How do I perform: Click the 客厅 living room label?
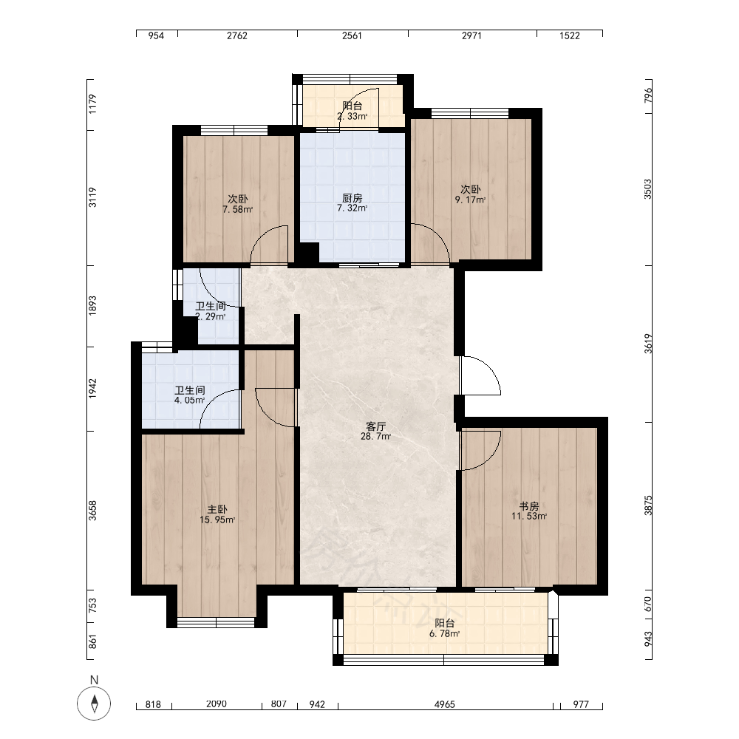point(375,426)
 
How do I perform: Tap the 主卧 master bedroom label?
point(217,509)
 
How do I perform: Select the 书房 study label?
point(529,506)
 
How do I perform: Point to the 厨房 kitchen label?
point(352,198)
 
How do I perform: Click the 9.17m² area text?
point(470,200)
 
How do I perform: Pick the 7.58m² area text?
point(237,209)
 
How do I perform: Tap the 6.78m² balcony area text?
point(444,634)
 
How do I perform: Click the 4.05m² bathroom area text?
point(189,401)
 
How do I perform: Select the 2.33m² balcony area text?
point(352,117)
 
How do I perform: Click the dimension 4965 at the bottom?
point(444,704)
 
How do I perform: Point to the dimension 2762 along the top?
point(237,35)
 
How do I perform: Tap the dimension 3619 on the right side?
point(649,344)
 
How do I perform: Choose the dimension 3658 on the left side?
point(92,511)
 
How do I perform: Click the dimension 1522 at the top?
point(569,35)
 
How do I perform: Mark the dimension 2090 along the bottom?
point(217,704)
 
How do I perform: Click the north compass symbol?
point(95,704)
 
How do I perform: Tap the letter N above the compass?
point(95,680)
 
